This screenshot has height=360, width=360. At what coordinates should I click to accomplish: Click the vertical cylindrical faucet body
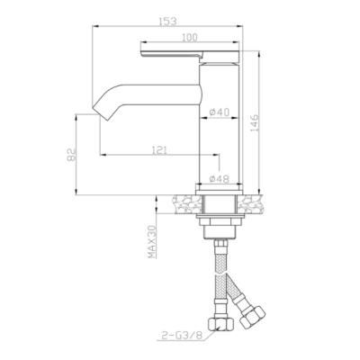(x=218, y=135)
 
